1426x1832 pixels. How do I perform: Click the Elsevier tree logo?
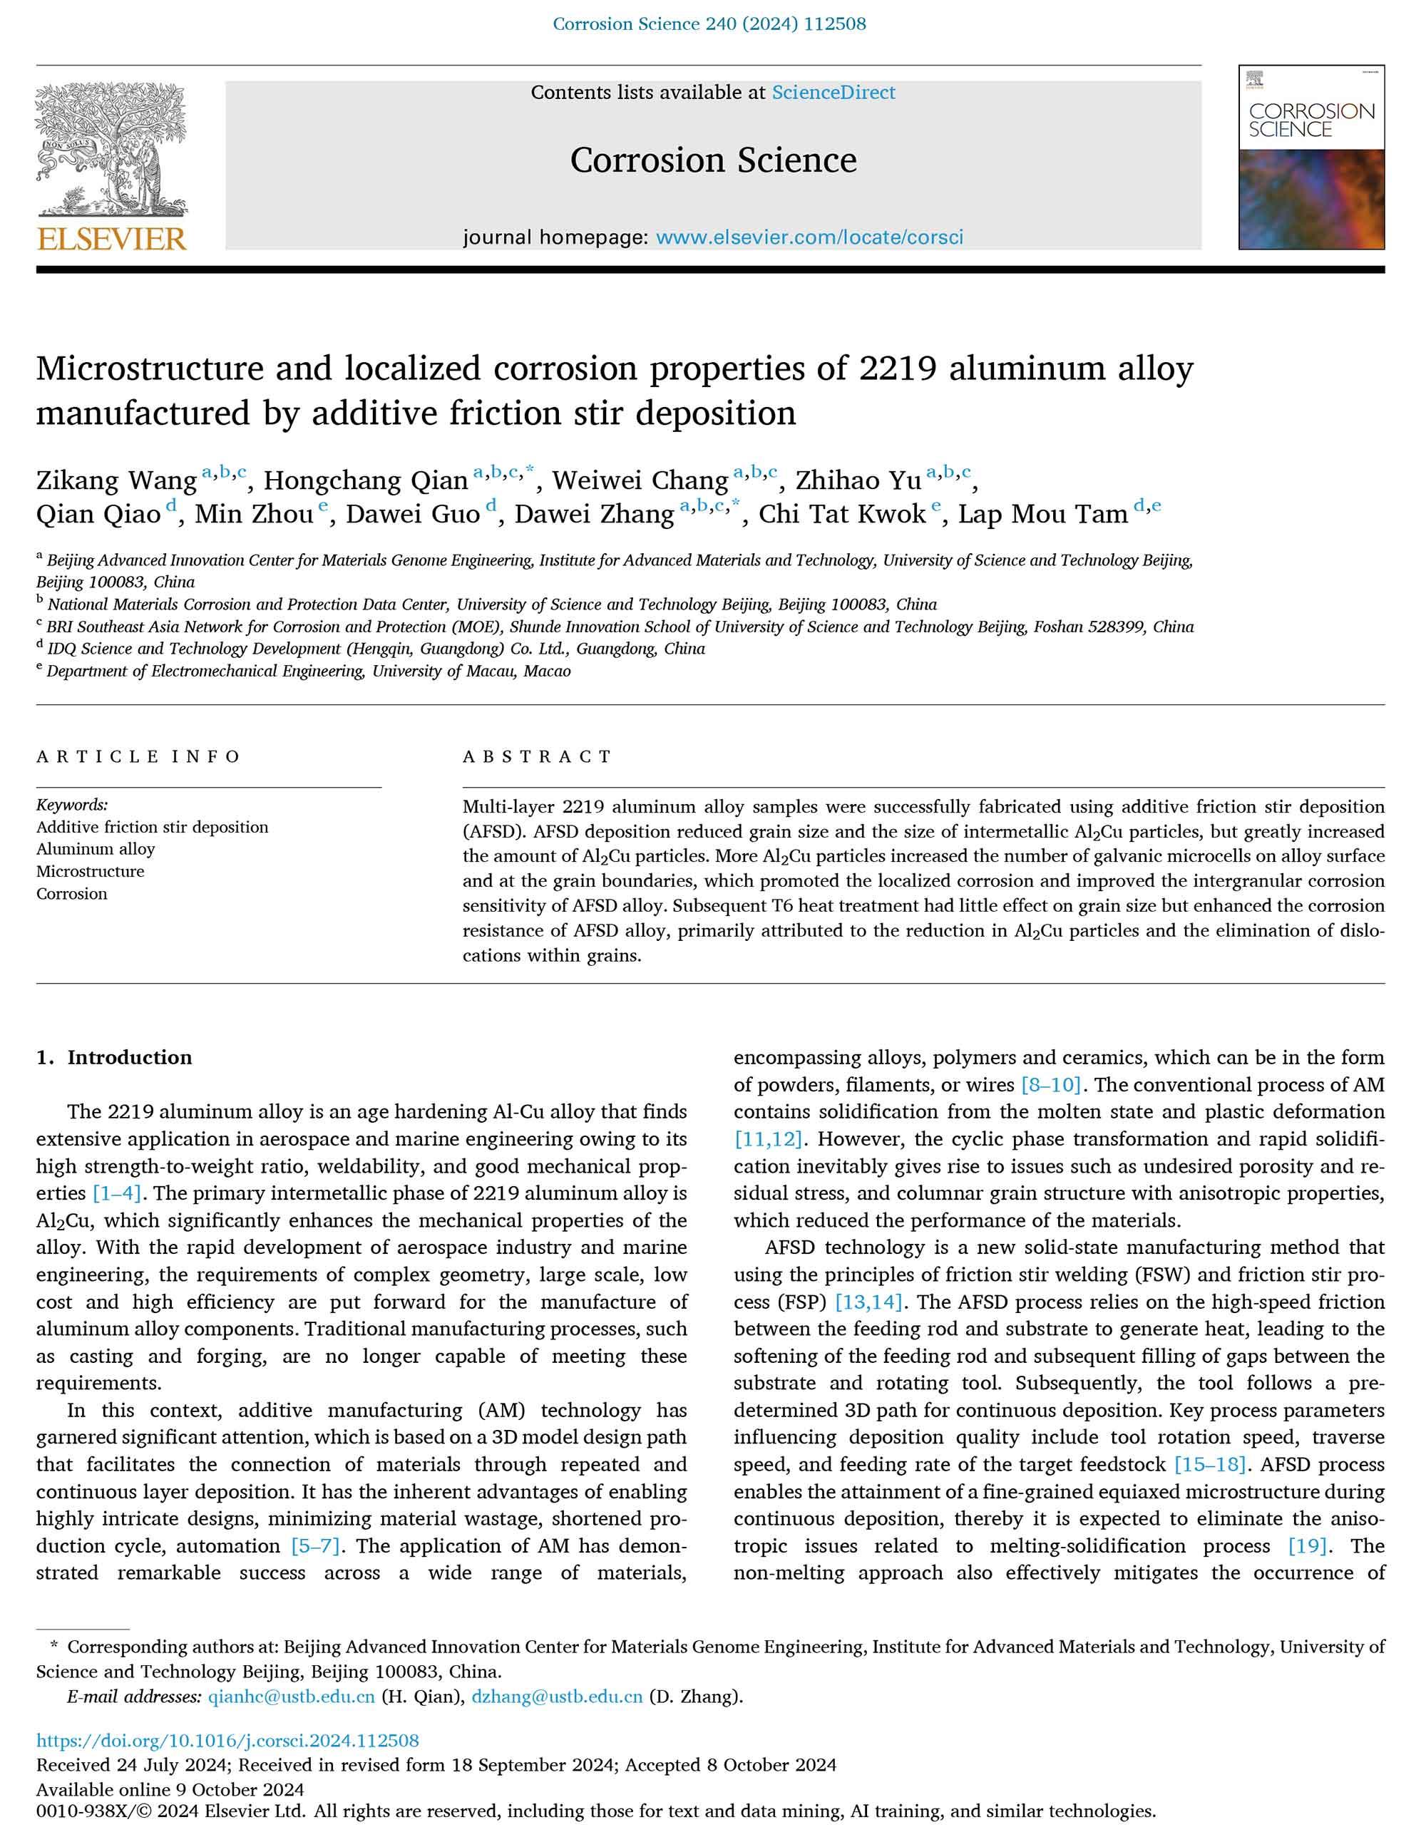[111, 151]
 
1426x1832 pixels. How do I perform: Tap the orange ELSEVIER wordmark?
[111, 238]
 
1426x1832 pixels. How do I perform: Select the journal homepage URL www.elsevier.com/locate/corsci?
[809, 237]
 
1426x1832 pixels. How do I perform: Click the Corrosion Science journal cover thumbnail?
[1311, 158]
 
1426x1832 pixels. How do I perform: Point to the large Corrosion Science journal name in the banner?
[713, 160]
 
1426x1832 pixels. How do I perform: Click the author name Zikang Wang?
[117, 480]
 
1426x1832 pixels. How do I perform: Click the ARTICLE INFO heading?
[138, 756]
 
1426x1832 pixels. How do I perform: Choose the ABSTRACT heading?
[538, 756]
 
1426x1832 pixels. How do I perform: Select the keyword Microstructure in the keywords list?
[90, 872]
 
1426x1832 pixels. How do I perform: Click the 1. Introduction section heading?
[114, 1058]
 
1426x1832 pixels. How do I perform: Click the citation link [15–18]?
[1209, 1465]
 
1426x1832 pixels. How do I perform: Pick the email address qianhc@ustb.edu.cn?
[291, 1697]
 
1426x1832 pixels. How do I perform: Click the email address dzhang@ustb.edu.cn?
[557, 1697]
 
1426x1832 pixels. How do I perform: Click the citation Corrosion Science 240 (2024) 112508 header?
[709, 24]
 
